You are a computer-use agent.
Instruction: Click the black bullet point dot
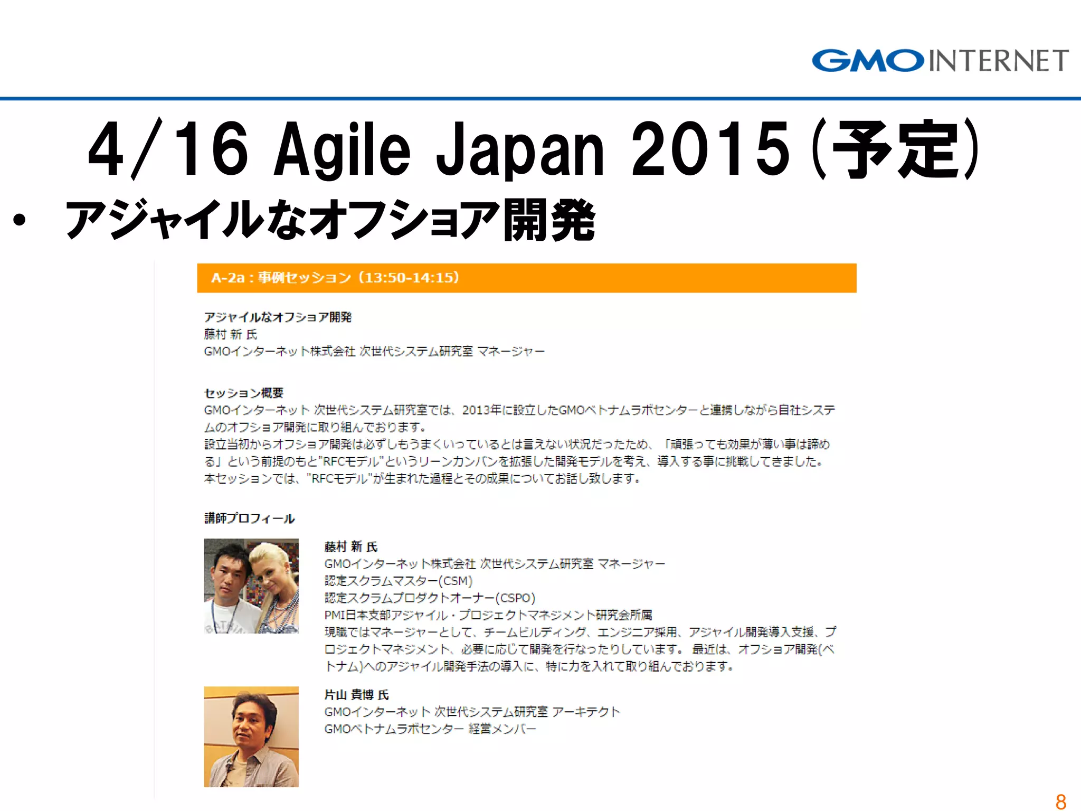pyautogui.click(x=20, y=220)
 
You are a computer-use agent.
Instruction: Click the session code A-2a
pyautogui.click(x=227, y=278)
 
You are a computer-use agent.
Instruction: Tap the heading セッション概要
pyautogui.click(x=244, y=393)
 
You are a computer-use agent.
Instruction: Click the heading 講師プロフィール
pyautogui.click(x=249, y=518)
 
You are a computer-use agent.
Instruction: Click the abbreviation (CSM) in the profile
pyautogui.click(x=456, y=581)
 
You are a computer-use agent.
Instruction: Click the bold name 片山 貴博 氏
pyautogui.click(x=356, y=695)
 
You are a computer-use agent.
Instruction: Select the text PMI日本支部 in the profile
pyautogui.click(x=358, y=615)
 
